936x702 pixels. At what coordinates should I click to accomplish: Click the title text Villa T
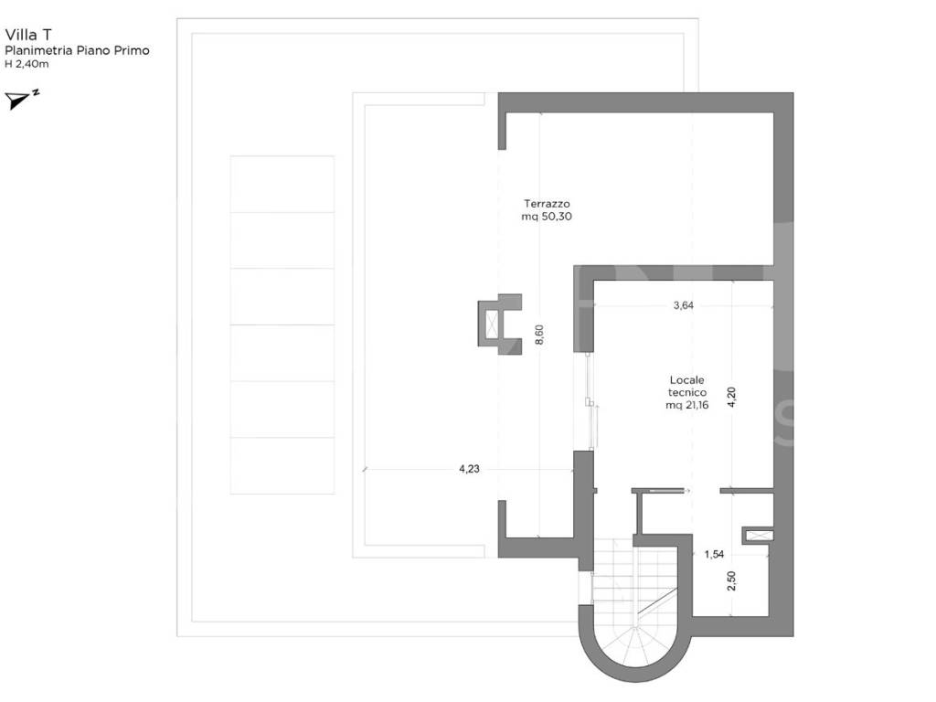point(28,35)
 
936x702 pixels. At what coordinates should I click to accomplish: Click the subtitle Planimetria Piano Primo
point(77,51)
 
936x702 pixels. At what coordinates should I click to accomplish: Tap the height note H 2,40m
point(27,64)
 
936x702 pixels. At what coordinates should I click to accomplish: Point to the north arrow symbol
point(22,99)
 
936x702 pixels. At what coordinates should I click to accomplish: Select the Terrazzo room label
point(547,204)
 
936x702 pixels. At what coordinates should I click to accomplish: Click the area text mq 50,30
point(547,217)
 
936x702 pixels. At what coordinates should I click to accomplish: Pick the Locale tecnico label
point(687,387)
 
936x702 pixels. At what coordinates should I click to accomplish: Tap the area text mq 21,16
point(687,405)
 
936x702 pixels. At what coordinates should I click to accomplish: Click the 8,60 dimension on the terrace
point(539,335)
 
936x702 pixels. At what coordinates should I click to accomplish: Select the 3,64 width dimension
point(684,305)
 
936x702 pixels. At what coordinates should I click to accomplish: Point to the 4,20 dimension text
point(732,397)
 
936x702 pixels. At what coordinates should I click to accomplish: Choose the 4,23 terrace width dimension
point(469,469)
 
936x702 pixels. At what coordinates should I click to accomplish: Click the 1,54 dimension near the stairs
point(714,554)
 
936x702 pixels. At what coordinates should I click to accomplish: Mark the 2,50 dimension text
point(732,580)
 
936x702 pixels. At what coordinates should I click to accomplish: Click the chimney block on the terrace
point(500,324)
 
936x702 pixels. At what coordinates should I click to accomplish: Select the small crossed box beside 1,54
point(758,536)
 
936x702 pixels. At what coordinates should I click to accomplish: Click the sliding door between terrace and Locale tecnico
point(590,401)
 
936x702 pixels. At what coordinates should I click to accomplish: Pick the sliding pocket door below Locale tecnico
point(667,491)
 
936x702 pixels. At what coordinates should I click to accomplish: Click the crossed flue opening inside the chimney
point(492,324)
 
